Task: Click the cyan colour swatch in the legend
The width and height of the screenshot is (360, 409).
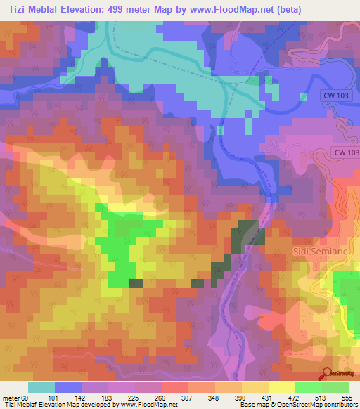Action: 41,387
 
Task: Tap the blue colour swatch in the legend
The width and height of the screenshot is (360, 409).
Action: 68,387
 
